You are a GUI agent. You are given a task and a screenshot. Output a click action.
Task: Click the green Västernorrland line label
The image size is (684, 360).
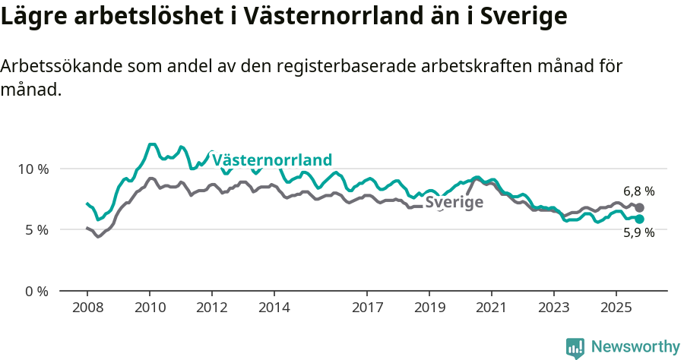click(x=272, y=160)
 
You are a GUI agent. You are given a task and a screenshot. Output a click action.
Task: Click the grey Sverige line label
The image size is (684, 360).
click(x=454, y=202)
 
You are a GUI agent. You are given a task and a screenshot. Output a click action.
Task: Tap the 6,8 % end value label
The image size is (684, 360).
click(x=638, y=192)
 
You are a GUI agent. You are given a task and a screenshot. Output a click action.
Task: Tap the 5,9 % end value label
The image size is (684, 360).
click(x=638, y=233)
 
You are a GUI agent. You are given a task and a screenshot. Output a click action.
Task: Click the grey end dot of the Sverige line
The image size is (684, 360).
click(x=640, y=207)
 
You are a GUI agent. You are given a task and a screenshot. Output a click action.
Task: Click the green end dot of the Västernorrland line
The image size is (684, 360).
click(x=640, y=219)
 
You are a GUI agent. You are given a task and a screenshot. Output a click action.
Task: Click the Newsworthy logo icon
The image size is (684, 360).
click(x=575, y=348)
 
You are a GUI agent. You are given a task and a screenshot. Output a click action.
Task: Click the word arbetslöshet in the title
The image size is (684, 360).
click(x=139, y=17)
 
